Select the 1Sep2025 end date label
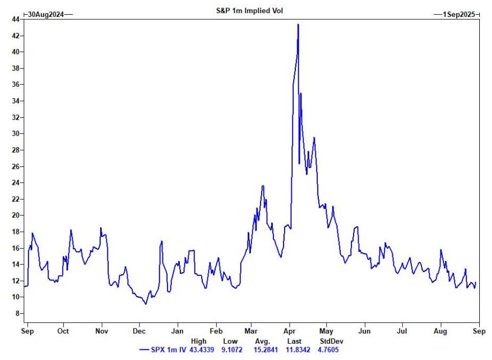click(x=457, y=15)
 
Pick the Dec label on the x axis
click(x=139, y=331)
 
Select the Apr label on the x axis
click(x=290, y=331)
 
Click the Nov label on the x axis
click(x=102, y=331)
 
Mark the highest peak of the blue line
click(x=298, y=25)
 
